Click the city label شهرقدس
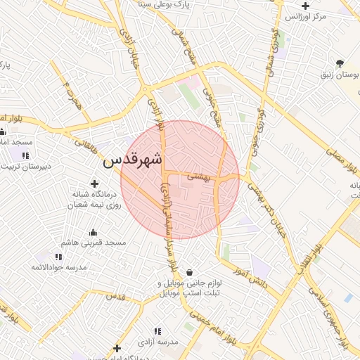tap(132, 160)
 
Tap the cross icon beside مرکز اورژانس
tap(305, 6)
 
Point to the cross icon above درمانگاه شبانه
tap(94, 184)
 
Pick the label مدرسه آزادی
tap(159, 342)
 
